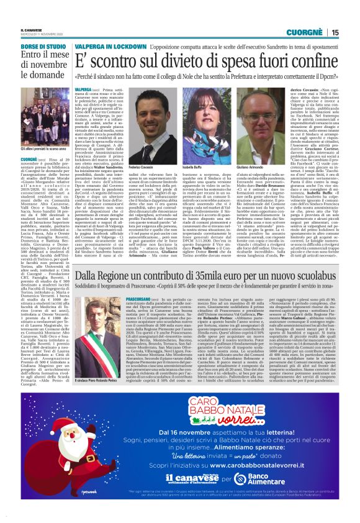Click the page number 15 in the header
pos(335,32)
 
